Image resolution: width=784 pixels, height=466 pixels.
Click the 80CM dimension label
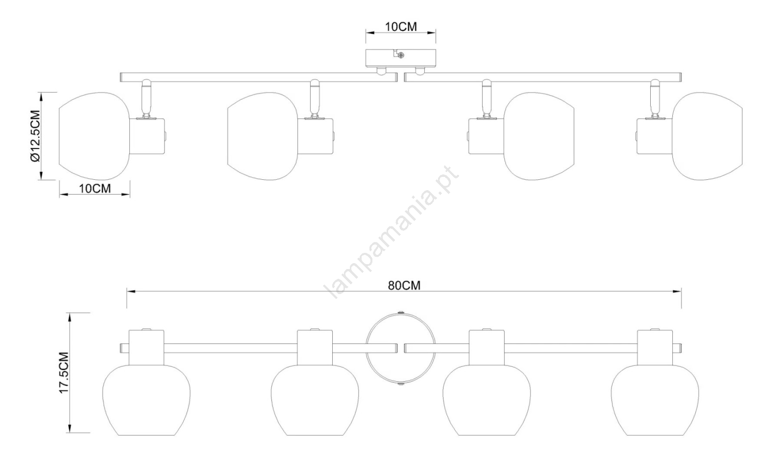click(x=404, y=285)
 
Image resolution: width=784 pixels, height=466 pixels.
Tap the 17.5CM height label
click(x=64, y=373)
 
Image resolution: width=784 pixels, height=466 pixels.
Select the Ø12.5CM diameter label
click(x=36, y=136)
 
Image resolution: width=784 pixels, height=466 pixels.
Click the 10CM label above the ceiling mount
click(x=401, y=26)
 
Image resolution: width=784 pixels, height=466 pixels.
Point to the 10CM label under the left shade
click(x=95, y=188)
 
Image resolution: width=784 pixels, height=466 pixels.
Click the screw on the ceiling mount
click(x=401, y=55)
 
